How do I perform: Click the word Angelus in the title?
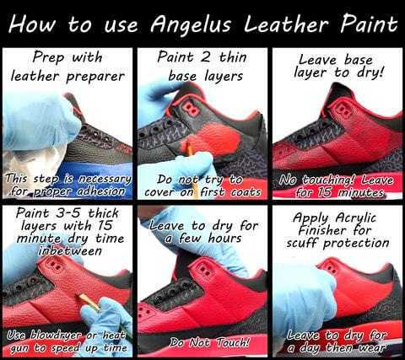pyautogui.click(x=191, y=24)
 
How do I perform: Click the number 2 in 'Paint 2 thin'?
pyautogui.click(x=205, y=57)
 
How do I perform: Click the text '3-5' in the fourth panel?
pyautogui.click(x=68, y=212)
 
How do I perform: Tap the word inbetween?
pyautogui.click(x=70, y=250)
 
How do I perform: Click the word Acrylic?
pyautogui.click(x=355, y=218)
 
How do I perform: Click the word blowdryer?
pyautogui.click(x=55, y=335)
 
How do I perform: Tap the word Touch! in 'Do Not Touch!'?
pyautogui.click(x=233, y=342)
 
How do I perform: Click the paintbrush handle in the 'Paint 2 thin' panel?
pyautogui.click(x=192, y=161)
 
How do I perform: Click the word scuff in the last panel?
pyautogui.click(x=302, y=243)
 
